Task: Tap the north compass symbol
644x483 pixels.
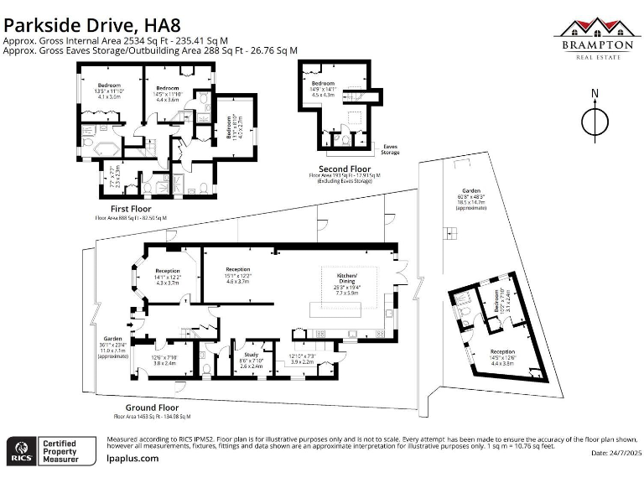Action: pos(595,121)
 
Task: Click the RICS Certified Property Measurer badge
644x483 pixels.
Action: pos(46,450)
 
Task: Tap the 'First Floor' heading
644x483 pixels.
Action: pos(131,209)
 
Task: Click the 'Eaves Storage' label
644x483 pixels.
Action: pos(390,149)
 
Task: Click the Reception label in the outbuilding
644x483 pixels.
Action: pos(502,351)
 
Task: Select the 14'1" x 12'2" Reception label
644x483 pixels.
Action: pos(168,272)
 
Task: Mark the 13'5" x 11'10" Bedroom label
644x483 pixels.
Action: pos(109,86)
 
